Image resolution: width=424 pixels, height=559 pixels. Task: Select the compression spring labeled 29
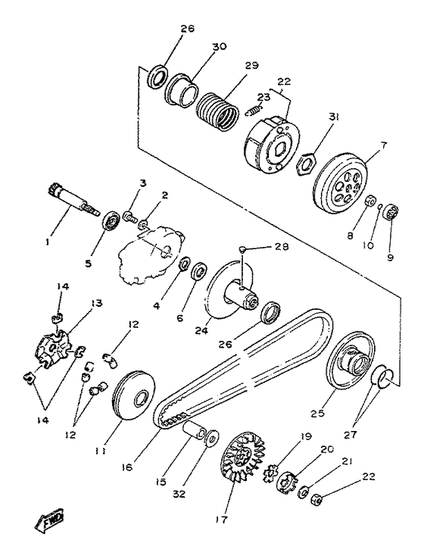click(x=217, y=111)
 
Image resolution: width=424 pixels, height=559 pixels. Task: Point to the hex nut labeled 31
click(x=306, y=164)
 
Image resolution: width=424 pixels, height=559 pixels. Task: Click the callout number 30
click(x=220, y=47)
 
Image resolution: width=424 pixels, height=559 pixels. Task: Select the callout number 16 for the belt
click(x=127, y=467)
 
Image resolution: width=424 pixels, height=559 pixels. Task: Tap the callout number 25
click(x=318, y=413)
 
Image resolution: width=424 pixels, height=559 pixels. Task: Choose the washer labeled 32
click(x=213, y=438)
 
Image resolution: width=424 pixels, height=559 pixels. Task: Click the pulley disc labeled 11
click(x=133, y=395)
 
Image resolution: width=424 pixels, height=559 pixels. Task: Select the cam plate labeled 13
click(x=53, y=348)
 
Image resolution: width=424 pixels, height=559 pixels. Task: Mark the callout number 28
click(x=281, y=247)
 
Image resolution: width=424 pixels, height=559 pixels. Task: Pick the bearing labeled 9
click(x=391, y=213)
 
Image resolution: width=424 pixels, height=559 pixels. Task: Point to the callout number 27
click(x=351, y=435)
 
